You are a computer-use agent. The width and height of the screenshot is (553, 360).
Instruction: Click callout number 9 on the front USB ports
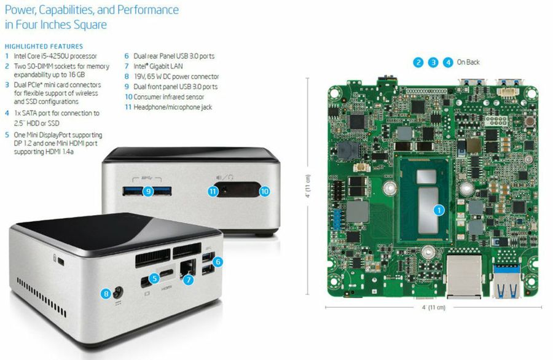point(149,191)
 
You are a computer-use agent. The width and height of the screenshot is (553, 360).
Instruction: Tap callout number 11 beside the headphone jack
point(213,191)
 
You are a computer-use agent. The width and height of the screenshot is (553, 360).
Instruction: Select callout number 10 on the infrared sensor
point(264,191)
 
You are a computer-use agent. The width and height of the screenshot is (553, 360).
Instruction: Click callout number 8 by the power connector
point(106,294)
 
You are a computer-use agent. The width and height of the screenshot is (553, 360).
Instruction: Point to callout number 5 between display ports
point(154,278)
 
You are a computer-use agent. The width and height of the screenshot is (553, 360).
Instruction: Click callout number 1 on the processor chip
point(439,211)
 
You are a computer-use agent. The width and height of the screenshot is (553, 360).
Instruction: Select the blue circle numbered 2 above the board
point(418,63)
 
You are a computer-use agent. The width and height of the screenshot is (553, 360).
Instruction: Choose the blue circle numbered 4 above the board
point(448,63)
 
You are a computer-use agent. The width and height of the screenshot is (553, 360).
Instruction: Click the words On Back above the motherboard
point(468,62)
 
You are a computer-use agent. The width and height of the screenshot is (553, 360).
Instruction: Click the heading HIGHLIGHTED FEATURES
point(44,46)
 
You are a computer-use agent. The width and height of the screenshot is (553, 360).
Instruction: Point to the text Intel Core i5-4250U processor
point(55,56)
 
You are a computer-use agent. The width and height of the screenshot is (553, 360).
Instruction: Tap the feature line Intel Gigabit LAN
point(158,66)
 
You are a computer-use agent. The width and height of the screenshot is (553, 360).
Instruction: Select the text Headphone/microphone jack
point(173,107)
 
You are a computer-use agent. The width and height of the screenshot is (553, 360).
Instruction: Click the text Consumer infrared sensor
point(168,97)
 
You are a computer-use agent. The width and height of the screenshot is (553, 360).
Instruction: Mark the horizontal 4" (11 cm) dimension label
point(434,307)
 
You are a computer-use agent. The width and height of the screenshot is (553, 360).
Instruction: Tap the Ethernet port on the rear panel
point(187,268)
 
